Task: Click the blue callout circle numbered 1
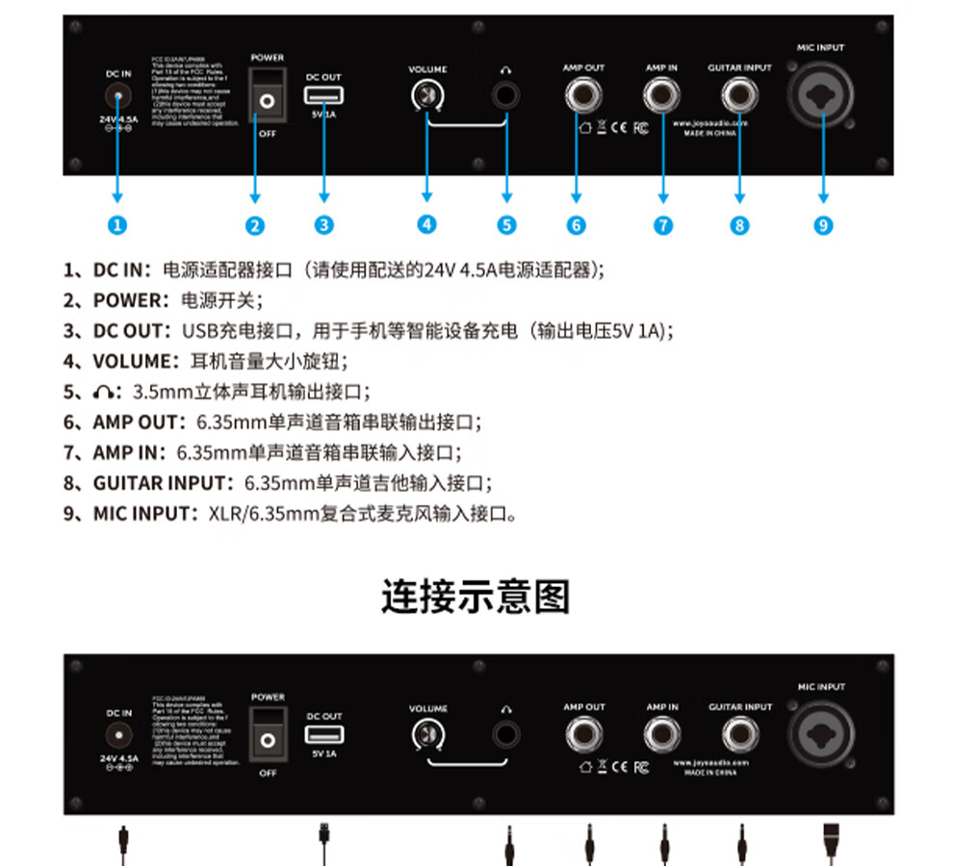tap(117, 225)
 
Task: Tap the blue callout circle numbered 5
tap(507, 225)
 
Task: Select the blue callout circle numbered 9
tap(823, 225)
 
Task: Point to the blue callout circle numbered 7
tap(663, 225)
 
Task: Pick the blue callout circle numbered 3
tap(324, 225)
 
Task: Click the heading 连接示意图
tap(476, 597)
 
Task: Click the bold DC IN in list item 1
tap(119, 270)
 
